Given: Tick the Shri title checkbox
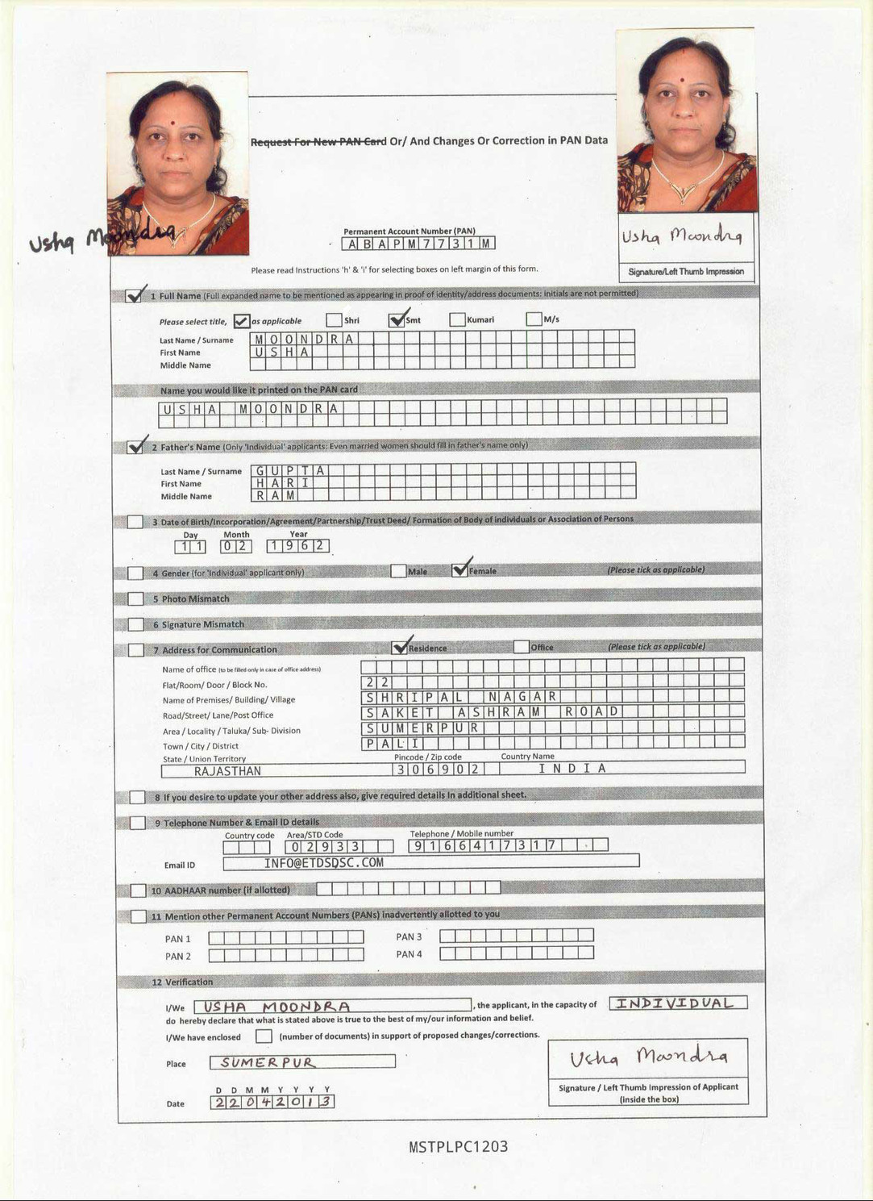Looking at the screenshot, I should pos(334,320).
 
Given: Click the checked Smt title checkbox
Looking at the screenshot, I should pos(397,320).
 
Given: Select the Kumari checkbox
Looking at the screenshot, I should pos(457,319).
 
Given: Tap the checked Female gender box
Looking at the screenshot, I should pos(459,570).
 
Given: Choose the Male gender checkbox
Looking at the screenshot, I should pos(398,571).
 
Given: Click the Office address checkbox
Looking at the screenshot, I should pos(522,647).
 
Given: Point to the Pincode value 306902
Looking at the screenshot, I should pos(439,769).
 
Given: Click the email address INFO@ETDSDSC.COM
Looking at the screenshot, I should pos(324,863).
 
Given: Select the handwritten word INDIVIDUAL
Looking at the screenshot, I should pos(678,1003).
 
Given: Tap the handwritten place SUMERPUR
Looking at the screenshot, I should pos(268,1062).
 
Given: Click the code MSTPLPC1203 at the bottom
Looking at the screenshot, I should pos(458,1147).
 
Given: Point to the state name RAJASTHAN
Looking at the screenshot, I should pos(227,771).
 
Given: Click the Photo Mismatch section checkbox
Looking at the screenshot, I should pos(135,598).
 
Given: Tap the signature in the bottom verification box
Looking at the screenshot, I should pos(648,1057).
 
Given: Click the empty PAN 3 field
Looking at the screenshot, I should pos(516,936).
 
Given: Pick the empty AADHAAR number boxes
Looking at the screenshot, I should pos(408,888).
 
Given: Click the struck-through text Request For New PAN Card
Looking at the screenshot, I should pos(318,142).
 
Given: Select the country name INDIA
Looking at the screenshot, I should pos(572,769).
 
